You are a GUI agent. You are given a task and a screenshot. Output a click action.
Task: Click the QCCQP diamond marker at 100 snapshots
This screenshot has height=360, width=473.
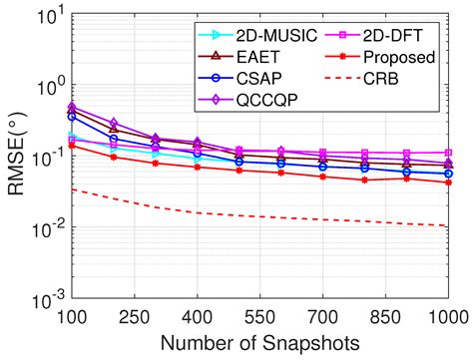71,106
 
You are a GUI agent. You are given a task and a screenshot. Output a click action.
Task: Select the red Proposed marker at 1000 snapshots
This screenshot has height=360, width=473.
449,181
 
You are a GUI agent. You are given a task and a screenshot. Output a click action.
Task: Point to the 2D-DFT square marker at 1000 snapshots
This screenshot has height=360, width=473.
449,153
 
